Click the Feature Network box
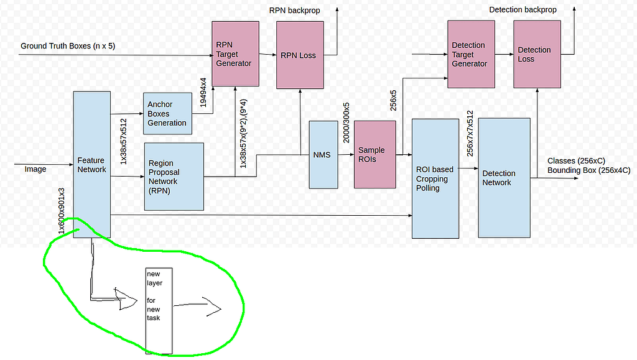[92, 164]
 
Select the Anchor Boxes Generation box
[167, 114]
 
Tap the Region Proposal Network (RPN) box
[174, 177]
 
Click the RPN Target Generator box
[235, 53]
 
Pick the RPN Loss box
[300, 55]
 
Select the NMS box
[323, 155]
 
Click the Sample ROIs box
[374, 154]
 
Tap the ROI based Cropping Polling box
[435, 178]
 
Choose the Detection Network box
[504, 178]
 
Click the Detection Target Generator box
[471, 54]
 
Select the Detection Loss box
[537, 54]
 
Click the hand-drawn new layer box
[159, 311]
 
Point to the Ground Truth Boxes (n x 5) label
[68, 46]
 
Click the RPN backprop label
[294, 10]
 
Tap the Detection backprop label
[523, 10]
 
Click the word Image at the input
[35, 169]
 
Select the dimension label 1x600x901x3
[62, 211]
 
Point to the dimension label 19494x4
[203, 93]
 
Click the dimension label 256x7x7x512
[470, 134]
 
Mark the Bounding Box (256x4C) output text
[588, 170]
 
